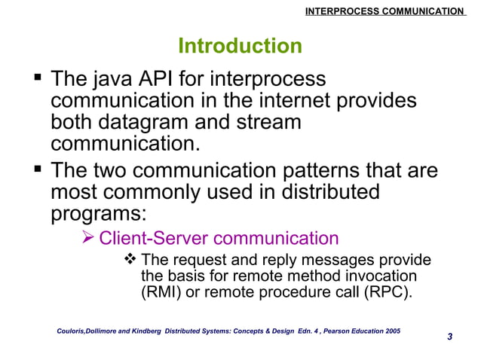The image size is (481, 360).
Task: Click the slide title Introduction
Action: point(240,47)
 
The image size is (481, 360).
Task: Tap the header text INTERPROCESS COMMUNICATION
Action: point(384,11)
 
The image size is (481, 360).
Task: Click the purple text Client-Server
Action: point(155,239)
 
